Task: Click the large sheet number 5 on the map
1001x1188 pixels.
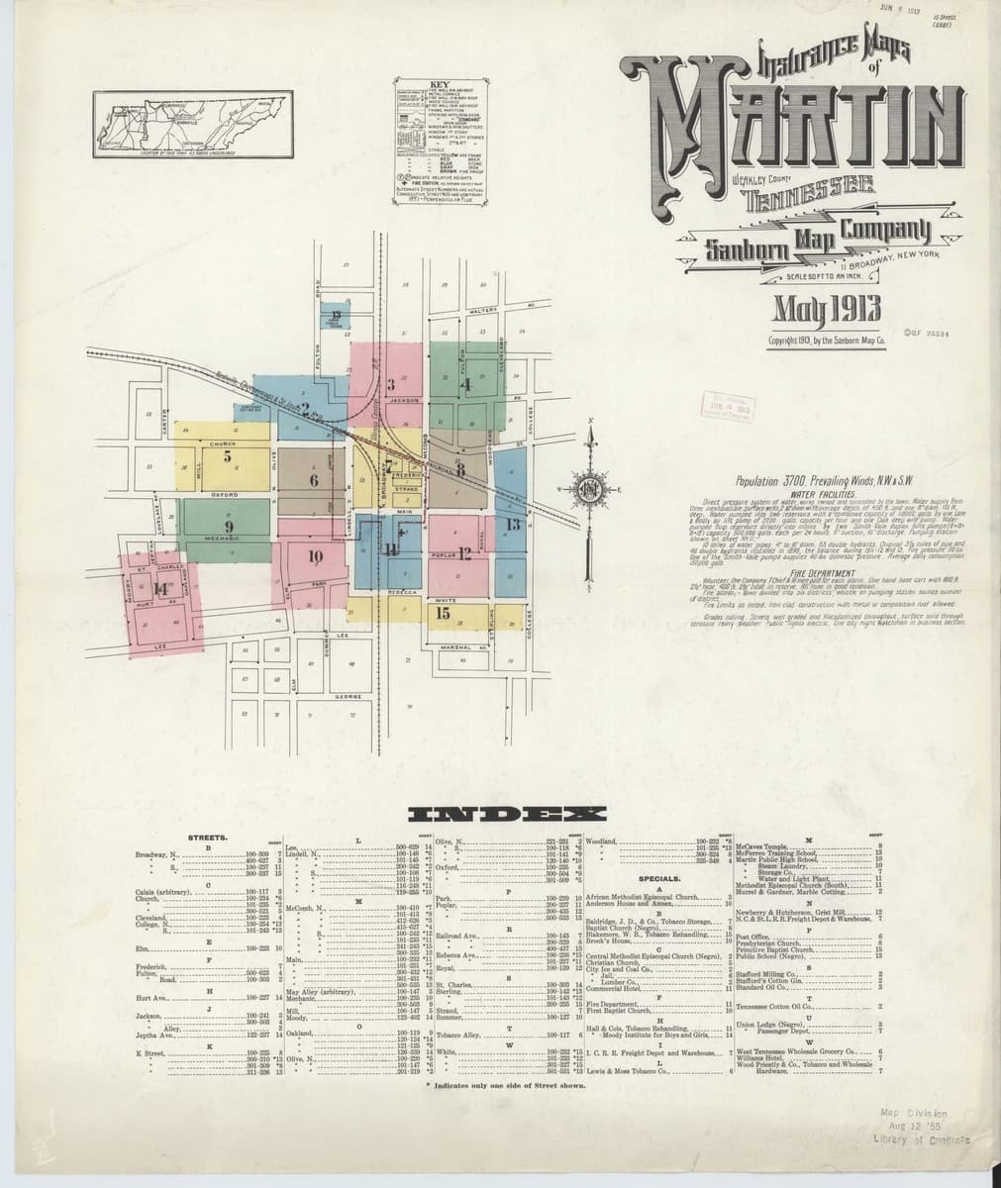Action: click(x=228, y=457)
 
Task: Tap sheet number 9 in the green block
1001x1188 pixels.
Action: click(x=229, y=526)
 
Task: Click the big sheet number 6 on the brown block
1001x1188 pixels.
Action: click(x=313, y=481)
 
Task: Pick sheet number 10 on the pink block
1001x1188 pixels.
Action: click(x=316, y=555)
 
